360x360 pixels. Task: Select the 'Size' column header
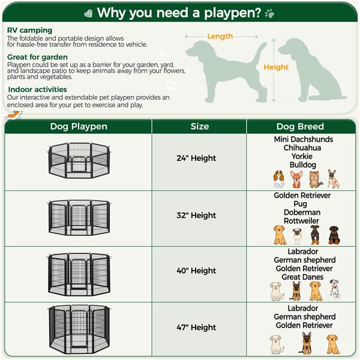[199, 127]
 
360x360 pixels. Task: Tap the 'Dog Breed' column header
[300, 127]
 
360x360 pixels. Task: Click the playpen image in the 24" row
[78, 160]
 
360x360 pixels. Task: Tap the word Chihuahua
[303, 148]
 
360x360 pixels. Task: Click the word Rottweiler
[303, 221]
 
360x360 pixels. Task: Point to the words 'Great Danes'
[303, 277]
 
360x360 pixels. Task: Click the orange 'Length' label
[220, 37]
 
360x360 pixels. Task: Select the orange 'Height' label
[276, 68]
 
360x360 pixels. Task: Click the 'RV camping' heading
[29, 31]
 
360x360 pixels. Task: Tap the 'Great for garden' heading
[37, 57]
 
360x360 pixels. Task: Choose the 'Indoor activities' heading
[37, 89]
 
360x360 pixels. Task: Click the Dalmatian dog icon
[335, 289]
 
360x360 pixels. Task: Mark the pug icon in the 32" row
[298, 235]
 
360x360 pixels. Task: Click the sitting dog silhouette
[309, 69]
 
